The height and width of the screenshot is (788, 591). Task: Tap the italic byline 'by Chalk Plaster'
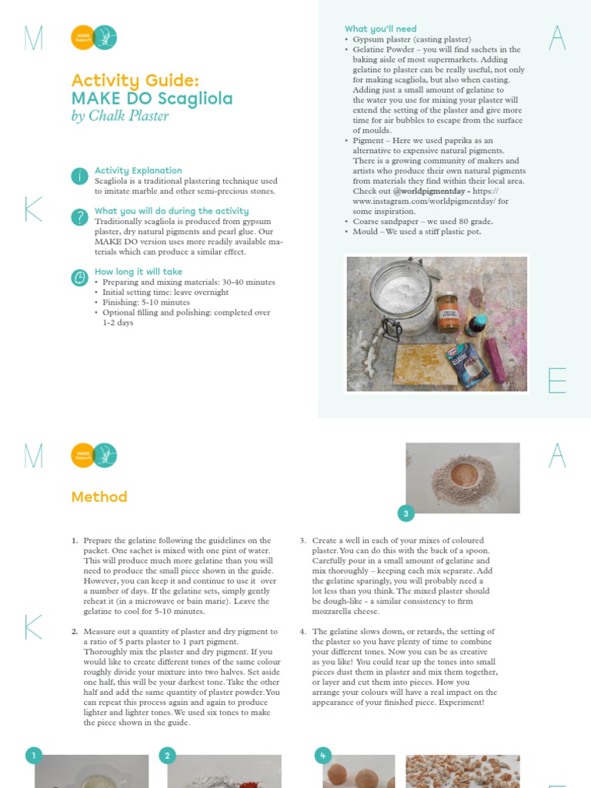tap(119, 116)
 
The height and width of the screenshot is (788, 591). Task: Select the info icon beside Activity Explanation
tap(79, 176)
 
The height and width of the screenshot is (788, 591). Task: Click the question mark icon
tap(79, 217)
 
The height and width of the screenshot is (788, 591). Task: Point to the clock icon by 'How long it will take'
tap(79, 278)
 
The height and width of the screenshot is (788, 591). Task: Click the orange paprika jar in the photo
tap(447, 309)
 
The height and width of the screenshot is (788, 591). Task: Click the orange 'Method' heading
tap(99, 497)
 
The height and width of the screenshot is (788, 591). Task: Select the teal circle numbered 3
tap(406, 513)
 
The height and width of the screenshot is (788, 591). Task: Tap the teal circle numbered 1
tap(34, 756)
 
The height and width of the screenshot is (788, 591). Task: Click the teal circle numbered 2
tap(168, 756)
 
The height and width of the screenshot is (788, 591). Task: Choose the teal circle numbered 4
tap(322, 756)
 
